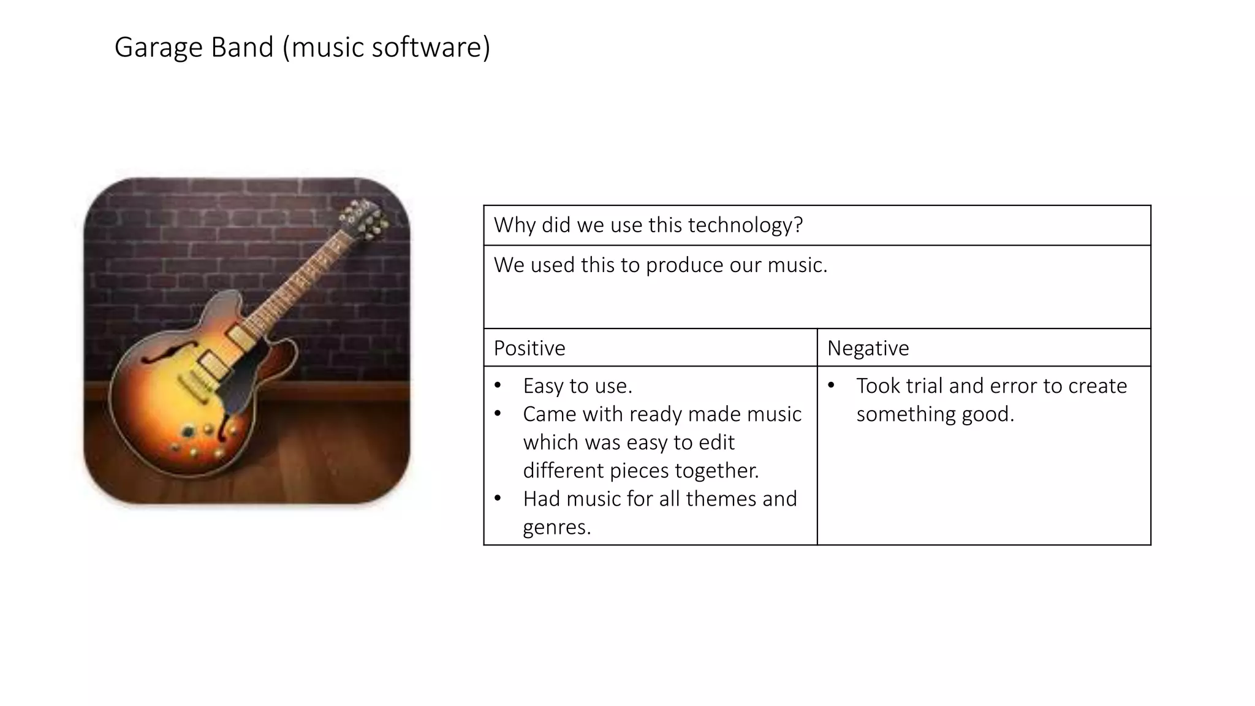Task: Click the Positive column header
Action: point(529,348)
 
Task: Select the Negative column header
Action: point(868,348)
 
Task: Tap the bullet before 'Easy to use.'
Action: point(498,385)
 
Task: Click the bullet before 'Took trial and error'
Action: point(831,385)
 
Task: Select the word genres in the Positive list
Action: point(556,527)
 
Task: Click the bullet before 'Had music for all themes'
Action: point(498,498)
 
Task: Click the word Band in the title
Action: point(242,47)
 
